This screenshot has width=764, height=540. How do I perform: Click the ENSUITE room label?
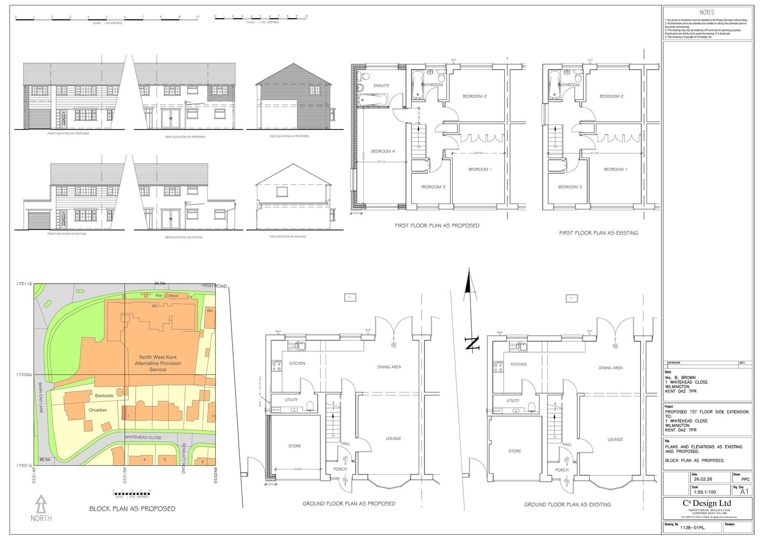[381, 86]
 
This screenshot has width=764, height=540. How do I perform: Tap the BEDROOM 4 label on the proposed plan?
[383, 151]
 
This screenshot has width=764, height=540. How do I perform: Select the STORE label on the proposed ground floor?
[295, 446]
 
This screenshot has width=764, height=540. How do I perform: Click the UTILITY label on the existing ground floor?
[513, 400]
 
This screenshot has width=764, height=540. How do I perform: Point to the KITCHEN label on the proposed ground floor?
[297, 364]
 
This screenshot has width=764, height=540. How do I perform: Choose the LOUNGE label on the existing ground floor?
[615, 439]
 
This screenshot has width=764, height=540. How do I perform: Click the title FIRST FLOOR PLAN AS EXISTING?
[598, 233]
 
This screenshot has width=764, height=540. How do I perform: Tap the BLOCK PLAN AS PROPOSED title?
[132, 508]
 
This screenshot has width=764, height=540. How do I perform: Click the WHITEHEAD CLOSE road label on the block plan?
[143, 437]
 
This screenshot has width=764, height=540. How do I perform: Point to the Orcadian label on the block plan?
[98, 410]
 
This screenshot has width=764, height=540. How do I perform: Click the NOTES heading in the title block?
[707, 12]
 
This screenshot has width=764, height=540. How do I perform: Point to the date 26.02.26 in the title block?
[701, 479]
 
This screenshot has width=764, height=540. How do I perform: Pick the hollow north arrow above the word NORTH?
[42, 503]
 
